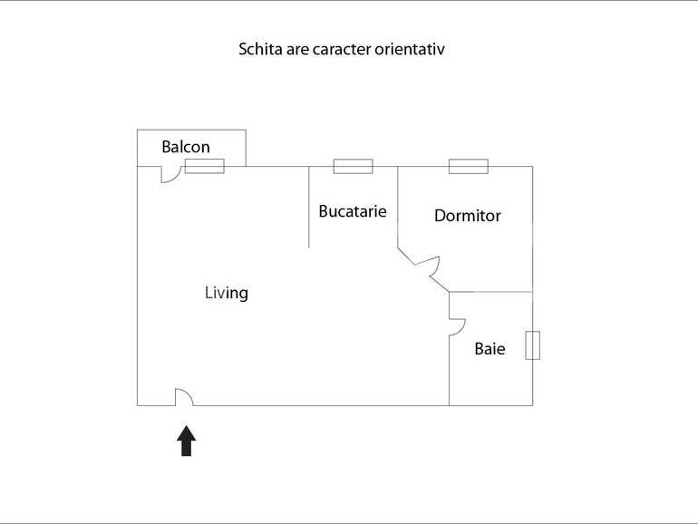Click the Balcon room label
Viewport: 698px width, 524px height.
coord(186,147)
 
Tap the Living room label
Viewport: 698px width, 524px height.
coord(226,293)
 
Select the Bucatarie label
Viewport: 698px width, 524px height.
coord(353,211)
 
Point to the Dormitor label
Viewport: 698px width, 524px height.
coord(468,216)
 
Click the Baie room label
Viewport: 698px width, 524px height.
coord(490,348)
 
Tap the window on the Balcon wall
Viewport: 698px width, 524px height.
coord(204,166)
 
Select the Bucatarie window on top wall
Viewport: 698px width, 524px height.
coord(353,166)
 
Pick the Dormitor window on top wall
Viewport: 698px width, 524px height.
coord(468,166)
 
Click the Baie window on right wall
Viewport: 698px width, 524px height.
coord(533,345)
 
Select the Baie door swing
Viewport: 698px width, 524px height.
coord(457,326)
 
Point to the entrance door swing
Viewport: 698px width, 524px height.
coord(184,397)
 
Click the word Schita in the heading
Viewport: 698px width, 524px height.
coord(259,49)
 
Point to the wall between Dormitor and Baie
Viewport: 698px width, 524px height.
coord(490,292)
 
